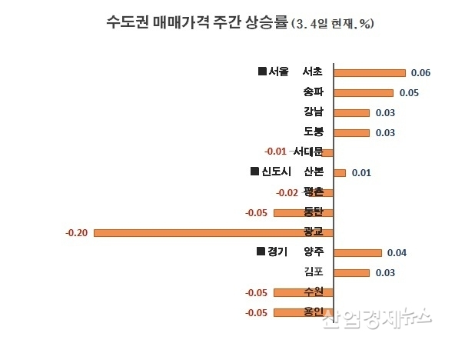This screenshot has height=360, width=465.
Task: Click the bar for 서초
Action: click(370, 73)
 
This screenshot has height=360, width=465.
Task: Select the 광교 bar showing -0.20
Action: click(214, 232)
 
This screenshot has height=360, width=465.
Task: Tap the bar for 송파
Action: click(364, 93)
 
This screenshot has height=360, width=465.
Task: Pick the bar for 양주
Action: click(358, 252)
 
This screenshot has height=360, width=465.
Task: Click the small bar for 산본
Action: click(340, 172)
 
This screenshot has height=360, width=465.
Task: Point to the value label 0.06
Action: click(420, 73)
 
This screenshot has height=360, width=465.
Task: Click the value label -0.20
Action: click(77, 232)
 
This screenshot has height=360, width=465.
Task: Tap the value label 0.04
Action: click(397, 252)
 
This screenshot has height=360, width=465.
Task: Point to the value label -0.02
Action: click(287, 192)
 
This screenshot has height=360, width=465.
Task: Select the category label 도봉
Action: click(314, 132)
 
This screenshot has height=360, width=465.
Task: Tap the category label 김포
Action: click(314, 272)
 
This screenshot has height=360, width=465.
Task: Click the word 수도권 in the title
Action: click(124, 22)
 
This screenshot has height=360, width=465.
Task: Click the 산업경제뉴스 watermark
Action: click(377, 317)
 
